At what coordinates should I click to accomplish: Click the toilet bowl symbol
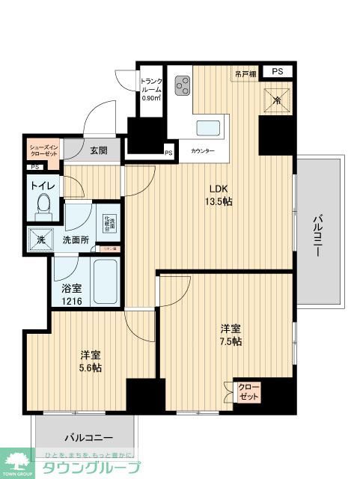[43, 202]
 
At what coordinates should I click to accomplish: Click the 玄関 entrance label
[99, 150]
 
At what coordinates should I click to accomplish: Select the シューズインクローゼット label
[42, 151]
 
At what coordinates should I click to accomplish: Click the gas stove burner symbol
[183, 87]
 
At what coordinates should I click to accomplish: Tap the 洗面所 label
[76, 240]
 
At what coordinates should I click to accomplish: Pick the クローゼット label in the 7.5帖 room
[246, 391]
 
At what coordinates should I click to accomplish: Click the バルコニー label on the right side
[318, 233]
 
